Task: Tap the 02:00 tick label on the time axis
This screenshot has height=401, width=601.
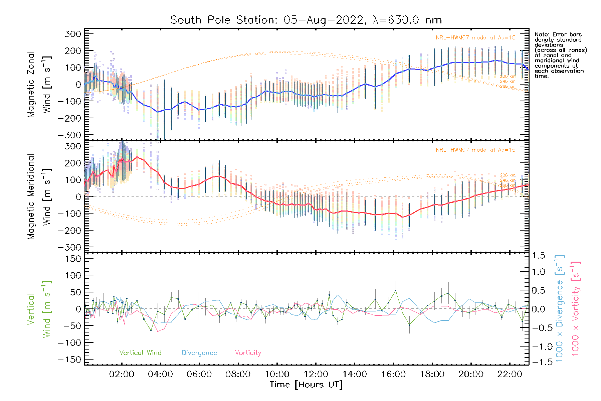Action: (x=122, y=374)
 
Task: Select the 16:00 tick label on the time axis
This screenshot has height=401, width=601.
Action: (x=393, y=374)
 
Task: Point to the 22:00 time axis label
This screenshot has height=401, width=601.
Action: (x=510, y=374)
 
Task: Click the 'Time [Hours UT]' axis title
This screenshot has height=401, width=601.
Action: (x=306, y=385)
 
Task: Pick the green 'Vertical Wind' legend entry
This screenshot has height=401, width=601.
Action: (x=140, y=353)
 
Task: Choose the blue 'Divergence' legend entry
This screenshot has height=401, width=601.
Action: (x=199, y=353)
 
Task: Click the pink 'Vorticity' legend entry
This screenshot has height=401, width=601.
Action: (x=248, y=353)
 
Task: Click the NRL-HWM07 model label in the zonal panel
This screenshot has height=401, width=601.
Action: (x=475, y=38)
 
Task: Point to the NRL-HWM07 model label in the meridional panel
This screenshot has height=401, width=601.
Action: (x=475, y=150)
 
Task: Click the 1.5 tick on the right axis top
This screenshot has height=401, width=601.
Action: (x=538, y=256)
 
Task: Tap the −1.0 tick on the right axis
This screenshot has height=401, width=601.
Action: (x=538, y=347)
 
